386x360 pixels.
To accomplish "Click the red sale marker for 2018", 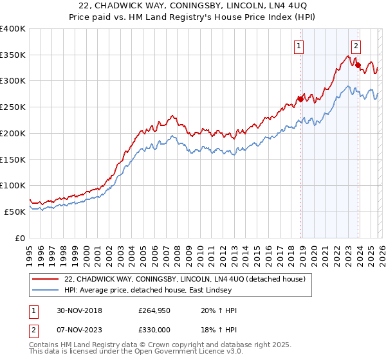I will pyautogui.click(x=300, y=99).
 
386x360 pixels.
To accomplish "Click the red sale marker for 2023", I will pyautogui.click(x=358, y=65).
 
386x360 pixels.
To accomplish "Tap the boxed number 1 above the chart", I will pyautogui.click(x=300, y=46).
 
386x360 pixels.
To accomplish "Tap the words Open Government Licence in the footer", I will pyautogui.click(x=190, y=353).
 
